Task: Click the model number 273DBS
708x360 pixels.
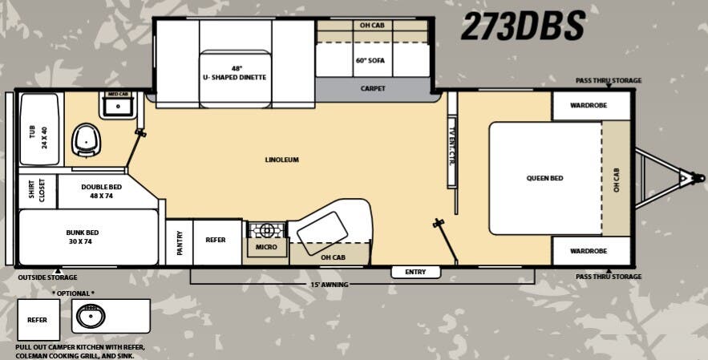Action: point(522,27)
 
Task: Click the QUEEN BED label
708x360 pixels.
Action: point(544,178)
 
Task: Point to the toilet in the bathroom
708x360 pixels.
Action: point(86,140)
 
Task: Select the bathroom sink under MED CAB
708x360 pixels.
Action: point(118,105)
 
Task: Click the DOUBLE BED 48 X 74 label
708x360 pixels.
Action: point(101,191)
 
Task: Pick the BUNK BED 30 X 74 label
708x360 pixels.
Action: point(83,237)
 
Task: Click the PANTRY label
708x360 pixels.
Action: point(180,242)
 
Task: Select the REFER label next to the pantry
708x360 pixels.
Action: point(216,240)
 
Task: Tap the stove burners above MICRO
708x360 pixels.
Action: point(266,231)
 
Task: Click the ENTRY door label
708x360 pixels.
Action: point(415,273)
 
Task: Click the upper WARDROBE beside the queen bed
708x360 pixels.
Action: point(588,105)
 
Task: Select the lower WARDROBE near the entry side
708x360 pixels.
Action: point(588,251)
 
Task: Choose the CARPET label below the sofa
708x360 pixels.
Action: point(373,88)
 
